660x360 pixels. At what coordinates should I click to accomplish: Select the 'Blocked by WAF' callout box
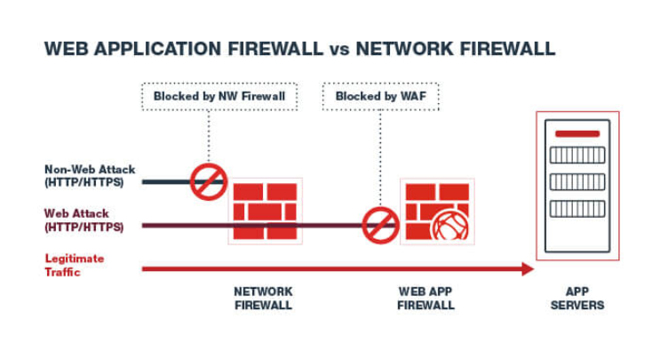point(379,96)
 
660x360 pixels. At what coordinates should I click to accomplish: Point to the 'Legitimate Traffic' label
point(75,265)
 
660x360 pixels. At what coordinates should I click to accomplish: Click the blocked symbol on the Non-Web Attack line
point(211,181)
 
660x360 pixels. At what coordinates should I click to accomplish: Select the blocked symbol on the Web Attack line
point(380,225)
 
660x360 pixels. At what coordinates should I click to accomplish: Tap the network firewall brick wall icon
point(263,212)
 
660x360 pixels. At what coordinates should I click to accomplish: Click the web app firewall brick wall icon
point(434,210)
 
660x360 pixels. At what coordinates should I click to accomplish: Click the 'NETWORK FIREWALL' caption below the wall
point(263,298)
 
